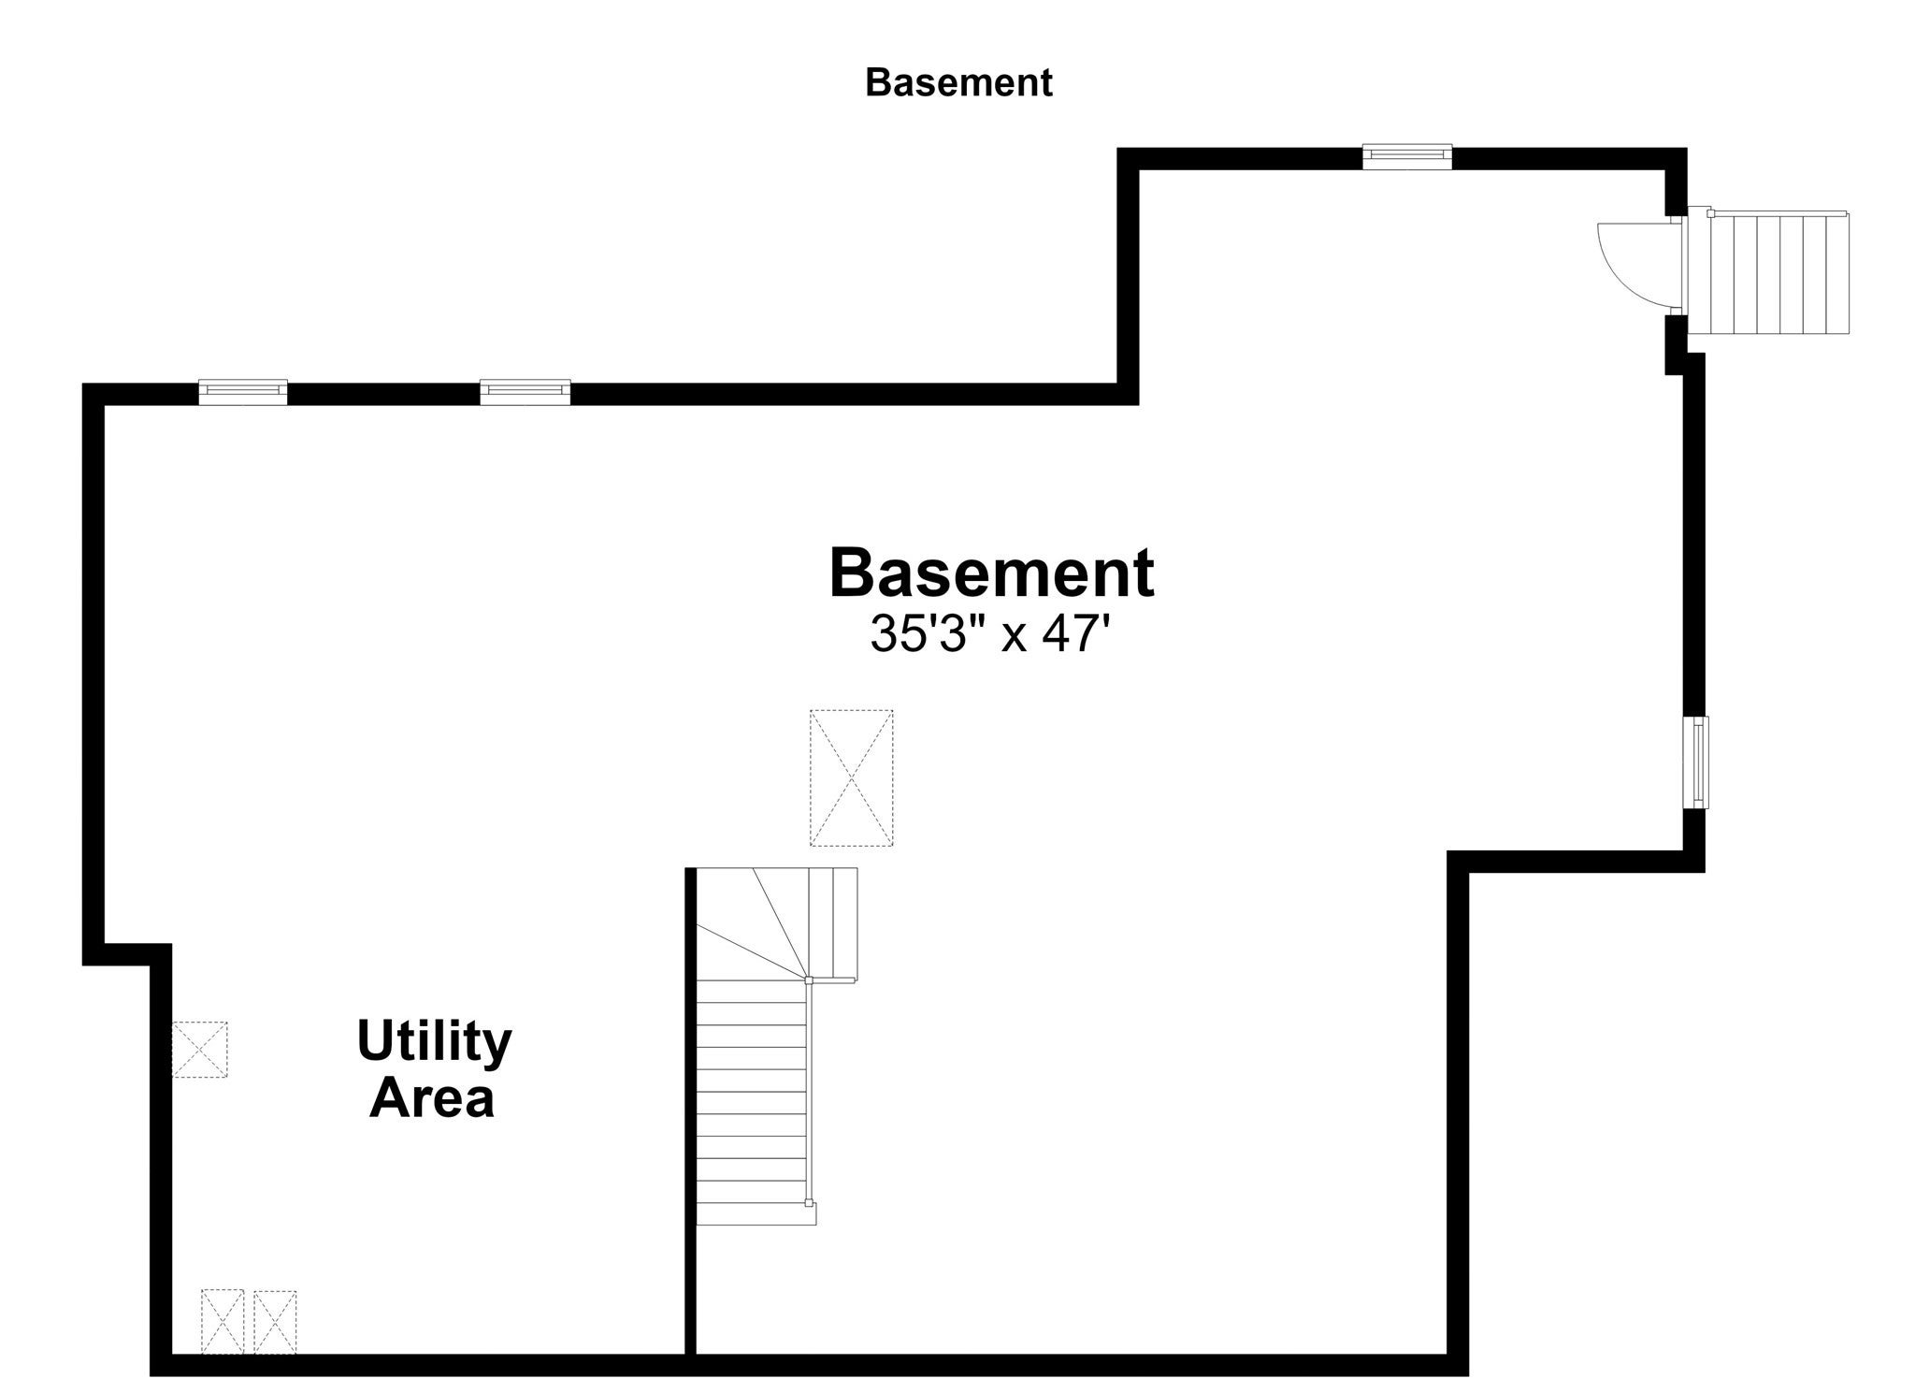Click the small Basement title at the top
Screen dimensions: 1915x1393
pyautogui.click(x=958, y=82)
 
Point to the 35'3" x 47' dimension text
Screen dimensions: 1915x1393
pyautogui.click(x=990, y=634)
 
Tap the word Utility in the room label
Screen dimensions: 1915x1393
pyautogui.click(x=434, y=1042)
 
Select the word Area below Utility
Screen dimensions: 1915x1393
pyautogui.click(x=432, y=1097)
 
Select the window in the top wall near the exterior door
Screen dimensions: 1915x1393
pyautogui.click(x=1407, y=156)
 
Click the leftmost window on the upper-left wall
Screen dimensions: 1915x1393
pyautogui.click(x=243, y=392)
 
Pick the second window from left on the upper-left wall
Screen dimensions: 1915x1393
pyautogui.click(x=526, y=392)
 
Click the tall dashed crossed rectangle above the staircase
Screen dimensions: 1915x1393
pyautogui.click(x=852, y=777)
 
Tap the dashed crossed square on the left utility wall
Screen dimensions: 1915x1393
pyautogui.click(x=199, y=1050)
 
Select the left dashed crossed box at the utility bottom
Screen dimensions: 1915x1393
pyautogui.click(x=223, y=1322)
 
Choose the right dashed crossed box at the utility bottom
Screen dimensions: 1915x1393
pyautogui.click(x=275, y=1322)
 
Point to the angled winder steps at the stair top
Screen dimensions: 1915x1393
pyautogui.click(x=776, y=923)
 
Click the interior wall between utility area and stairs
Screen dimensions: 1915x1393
pyautogui.click(x=691, y=1110)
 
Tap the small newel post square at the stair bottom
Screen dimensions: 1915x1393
pyautogui.click(x=809, y=1202)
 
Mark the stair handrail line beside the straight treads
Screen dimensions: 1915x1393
pyautogui.click(x=810, y=1091)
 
